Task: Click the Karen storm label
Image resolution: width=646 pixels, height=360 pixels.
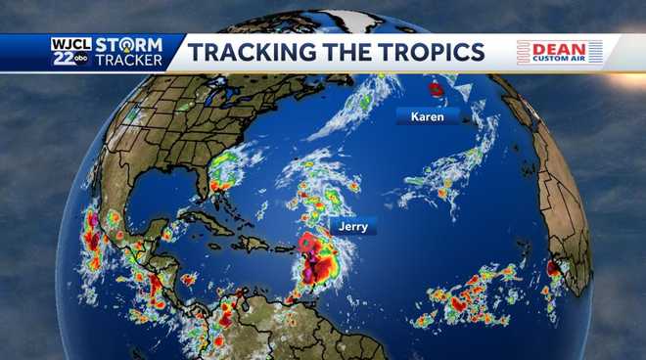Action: [427, 117]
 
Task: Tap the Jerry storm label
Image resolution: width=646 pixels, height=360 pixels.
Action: [352, 226]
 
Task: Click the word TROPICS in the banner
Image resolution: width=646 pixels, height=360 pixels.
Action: [426, 52]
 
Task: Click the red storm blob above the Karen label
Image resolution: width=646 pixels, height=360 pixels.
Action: [437, 89]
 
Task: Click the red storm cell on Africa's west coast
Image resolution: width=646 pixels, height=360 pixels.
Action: [553, 266]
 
